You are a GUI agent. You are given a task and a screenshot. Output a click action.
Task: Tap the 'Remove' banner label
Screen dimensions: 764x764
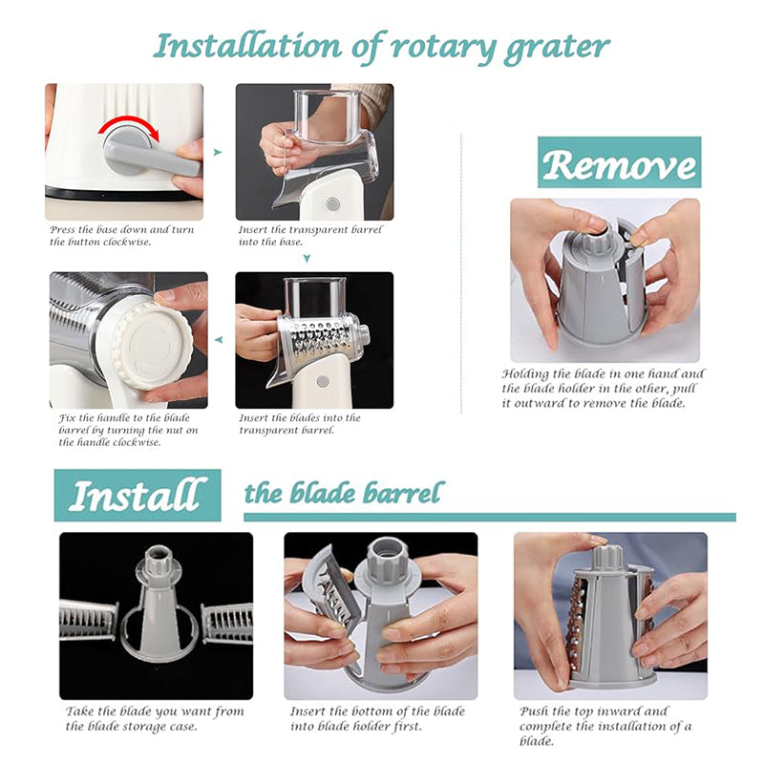(x=618, y=163)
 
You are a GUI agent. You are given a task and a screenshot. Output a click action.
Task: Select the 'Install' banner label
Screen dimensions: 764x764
(x=137, y=496)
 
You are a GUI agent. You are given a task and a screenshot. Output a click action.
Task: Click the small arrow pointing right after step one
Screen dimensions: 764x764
(x=218, y=152)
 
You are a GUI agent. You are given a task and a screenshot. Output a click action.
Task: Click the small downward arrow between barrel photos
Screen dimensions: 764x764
(x=307, y=257)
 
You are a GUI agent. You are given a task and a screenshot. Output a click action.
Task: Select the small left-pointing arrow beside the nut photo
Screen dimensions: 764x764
(x=219, y=338)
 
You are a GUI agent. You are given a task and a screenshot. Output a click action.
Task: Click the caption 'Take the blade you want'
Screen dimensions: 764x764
(x=155, y=718)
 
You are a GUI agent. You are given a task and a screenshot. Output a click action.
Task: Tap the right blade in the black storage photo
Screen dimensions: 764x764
(x=227, y=623)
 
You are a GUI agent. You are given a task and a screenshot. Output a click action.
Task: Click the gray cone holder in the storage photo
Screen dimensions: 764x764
(x=159, y=611)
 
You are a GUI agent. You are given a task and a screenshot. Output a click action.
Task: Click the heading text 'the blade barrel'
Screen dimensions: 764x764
(x=344, y=494)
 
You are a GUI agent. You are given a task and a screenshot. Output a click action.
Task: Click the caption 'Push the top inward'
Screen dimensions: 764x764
(x=606, y=726)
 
